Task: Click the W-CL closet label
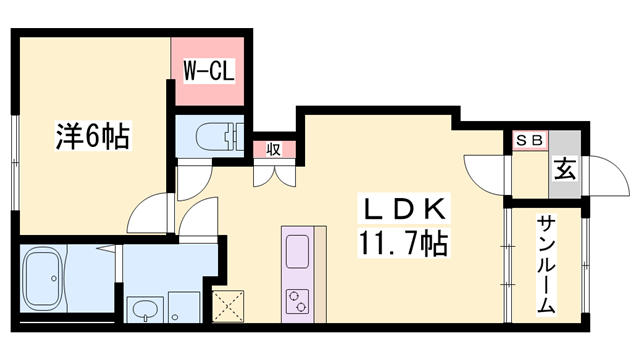208,72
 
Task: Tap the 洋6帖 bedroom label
91,136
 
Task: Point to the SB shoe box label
529,141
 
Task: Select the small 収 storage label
273,150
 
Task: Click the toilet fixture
215,135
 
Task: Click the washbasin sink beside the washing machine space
146,308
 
